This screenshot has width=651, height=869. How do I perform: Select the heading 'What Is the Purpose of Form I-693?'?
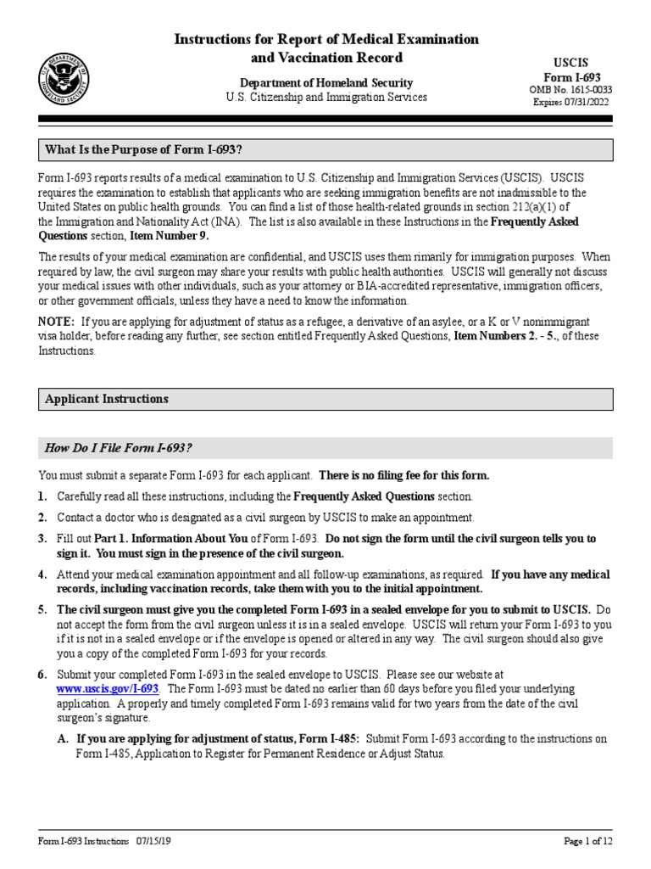[x=144, y=150]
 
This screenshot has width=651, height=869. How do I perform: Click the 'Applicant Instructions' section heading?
[x=107, y=399]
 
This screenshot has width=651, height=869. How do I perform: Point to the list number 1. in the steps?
[x=42, y=496]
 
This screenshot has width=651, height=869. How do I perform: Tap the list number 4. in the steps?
[x=42, y=575]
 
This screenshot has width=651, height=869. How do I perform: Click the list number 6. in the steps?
[x=42, y=674]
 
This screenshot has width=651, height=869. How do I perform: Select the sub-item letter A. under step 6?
[x=63, y=739]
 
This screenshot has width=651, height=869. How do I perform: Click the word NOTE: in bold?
[x=57, y=322]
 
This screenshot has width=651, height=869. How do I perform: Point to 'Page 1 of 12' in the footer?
[x=587, y=841]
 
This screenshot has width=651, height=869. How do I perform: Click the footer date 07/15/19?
[x=155, y=841]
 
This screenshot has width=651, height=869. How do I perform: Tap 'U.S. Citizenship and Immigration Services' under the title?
[x=326, y=98]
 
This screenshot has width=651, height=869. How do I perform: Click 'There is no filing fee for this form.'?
[x=403, y=475]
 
